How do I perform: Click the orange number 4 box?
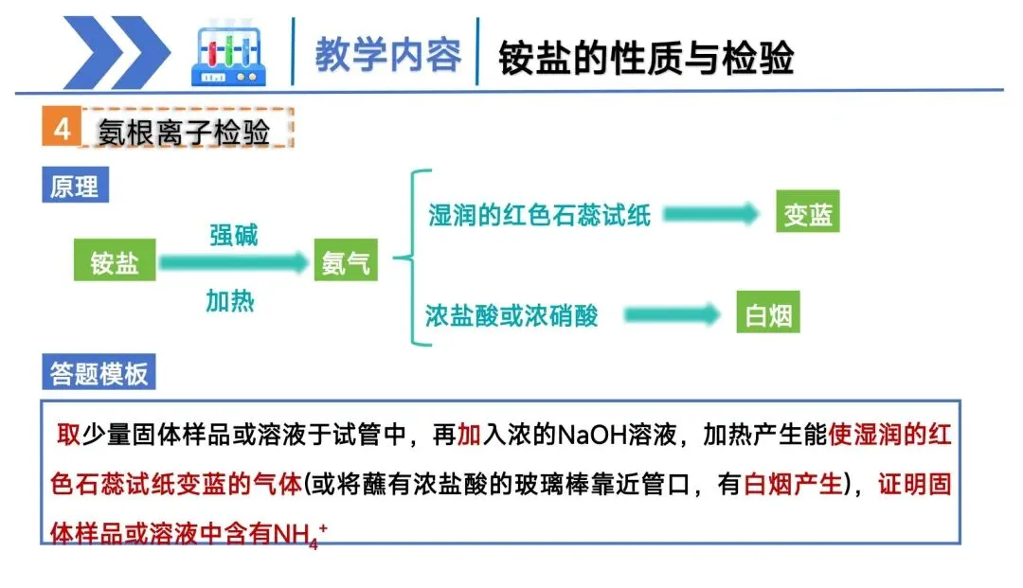[x=62, y=129]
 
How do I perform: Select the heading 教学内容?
[x=388, y=56]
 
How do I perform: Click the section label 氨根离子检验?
[x=184, y=132]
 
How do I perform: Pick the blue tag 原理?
[x=74, y=186]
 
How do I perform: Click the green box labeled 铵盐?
[x=115, y=262]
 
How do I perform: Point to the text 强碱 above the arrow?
[x=233, y=235]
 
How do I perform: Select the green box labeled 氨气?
[x=346, y=262]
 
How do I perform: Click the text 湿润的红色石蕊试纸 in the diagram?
[x=540, y=215]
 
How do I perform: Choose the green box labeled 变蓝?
[x=808, y=215]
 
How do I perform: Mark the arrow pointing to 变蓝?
[x=710, y=215]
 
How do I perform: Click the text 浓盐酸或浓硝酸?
[x=512, y=315]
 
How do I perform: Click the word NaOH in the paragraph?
[x=592, y=436]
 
